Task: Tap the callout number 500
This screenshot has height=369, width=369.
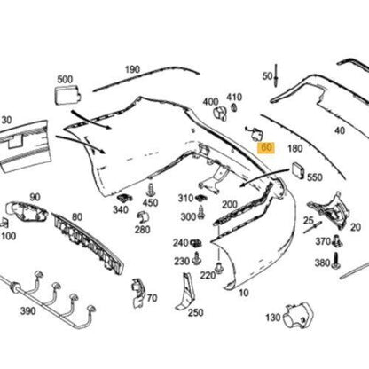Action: (65, 80)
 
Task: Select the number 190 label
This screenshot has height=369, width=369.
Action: (132, 69)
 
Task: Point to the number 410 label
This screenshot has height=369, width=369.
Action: (234, 96)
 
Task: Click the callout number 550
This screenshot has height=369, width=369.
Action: (314, 177)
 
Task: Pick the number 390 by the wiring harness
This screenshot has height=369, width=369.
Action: (28, 310)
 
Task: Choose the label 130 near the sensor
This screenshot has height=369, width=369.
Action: (273, 317)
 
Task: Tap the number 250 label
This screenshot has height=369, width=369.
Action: (195, 311)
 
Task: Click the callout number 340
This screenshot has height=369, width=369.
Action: (120, 210)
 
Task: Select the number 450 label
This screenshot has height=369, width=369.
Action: (151, 203)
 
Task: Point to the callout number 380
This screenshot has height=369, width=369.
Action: (321, 263)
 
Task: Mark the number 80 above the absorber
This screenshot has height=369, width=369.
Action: (76, 216)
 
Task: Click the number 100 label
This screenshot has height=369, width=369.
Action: (8, 237)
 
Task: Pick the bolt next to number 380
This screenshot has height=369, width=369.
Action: (337, 262)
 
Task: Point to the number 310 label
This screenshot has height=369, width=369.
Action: (185, 198)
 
